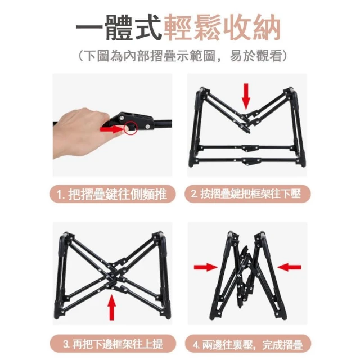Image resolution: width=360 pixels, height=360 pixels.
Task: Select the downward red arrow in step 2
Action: coord(246,96)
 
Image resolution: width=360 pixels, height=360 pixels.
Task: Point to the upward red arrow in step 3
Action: coord(112,307)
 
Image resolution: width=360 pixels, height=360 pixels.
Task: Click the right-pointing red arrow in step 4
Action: coord(206,267)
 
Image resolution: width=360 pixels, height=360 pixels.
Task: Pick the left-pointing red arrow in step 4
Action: coord(289,267)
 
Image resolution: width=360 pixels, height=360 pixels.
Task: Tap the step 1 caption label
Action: coord(112,194)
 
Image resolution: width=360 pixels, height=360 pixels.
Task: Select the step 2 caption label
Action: coord(247,194)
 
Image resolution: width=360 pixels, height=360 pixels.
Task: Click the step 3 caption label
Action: coord(112,344)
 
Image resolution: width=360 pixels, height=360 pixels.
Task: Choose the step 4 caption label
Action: coord(247,344)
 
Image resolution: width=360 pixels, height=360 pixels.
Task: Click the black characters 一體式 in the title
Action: coord(119,28)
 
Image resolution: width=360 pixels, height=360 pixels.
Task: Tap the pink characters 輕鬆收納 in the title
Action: coord(223,28)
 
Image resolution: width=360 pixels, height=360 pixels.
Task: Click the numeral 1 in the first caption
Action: coord(59,195)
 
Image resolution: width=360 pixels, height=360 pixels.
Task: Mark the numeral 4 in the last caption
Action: coord(196,344)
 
